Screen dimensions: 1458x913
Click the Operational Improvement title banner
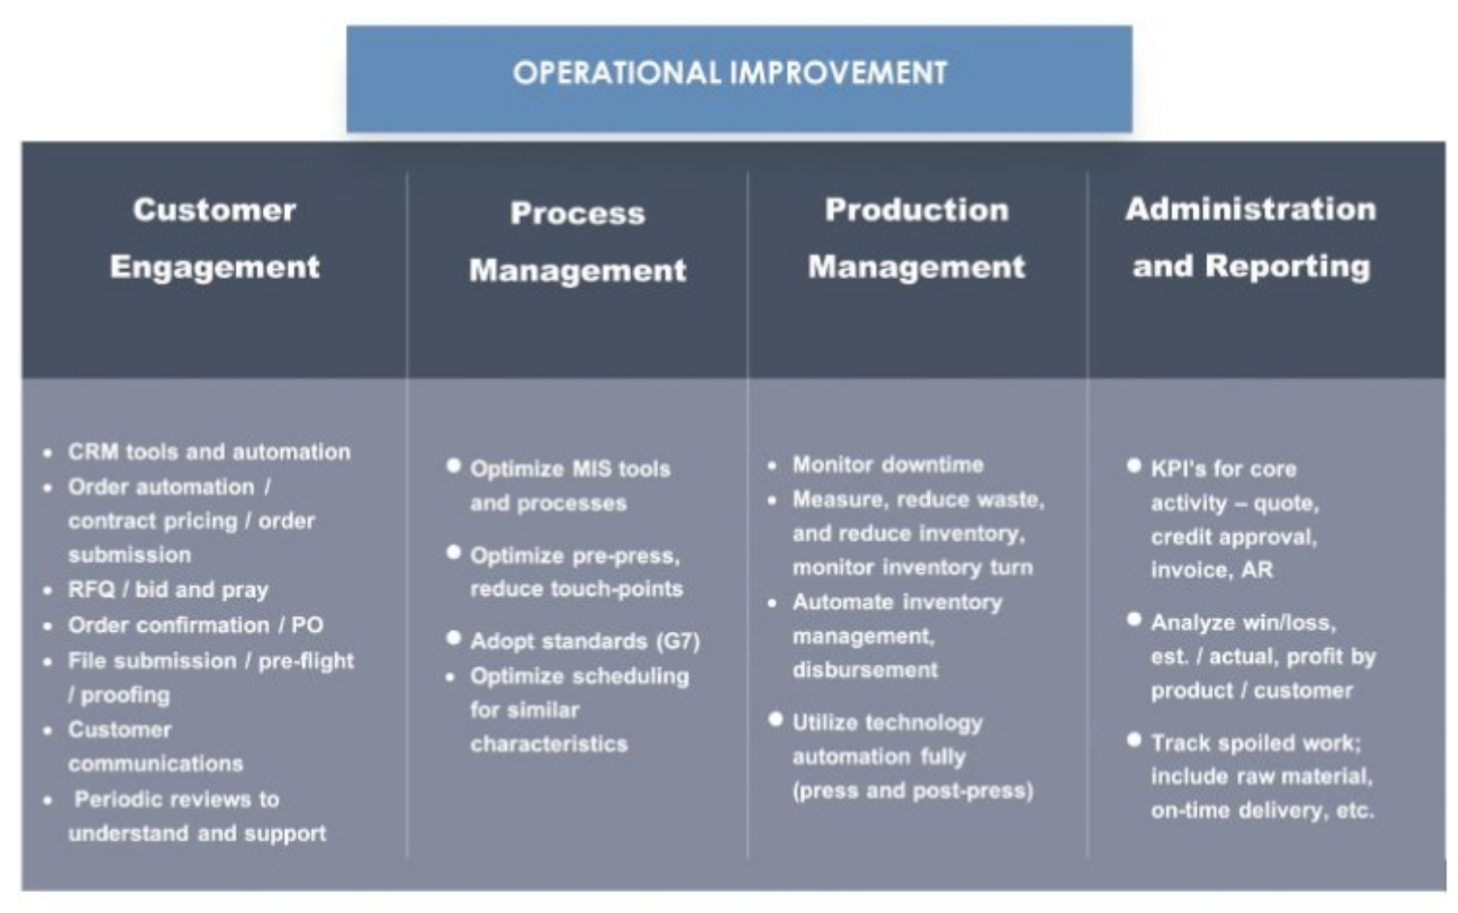739,79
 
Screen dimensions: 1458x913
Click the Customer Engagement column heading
215,239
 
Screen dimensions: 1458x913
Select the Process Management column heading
578,242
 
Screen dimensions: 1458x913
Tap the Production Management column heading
917,239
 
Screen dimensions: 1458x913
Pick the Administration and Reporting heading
1251,238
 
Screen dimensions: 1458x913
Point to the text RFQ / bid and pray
168,590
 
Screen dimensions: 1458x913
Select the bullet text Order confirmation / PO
196,626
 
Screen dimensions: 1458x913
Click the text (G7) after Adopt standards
678,641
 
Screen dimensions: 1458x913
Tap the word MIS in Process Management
592,469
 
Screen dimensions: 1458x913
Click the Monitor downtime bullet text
888,465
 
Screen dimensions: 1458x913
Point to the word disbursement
865,670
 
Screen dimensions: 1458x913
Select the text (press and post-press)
912,792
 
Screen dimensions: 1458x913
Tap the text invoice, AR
1212,571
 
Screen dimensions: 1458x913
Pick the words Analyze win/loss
1243,623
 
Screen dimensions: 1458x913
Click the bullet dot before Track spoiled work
1134,740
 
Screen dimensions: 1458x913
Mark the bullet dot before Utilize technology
775,720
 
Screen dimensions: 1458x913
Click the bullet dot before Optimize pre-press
454,553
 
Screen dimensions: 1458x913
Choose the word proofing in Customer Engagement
125,695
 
